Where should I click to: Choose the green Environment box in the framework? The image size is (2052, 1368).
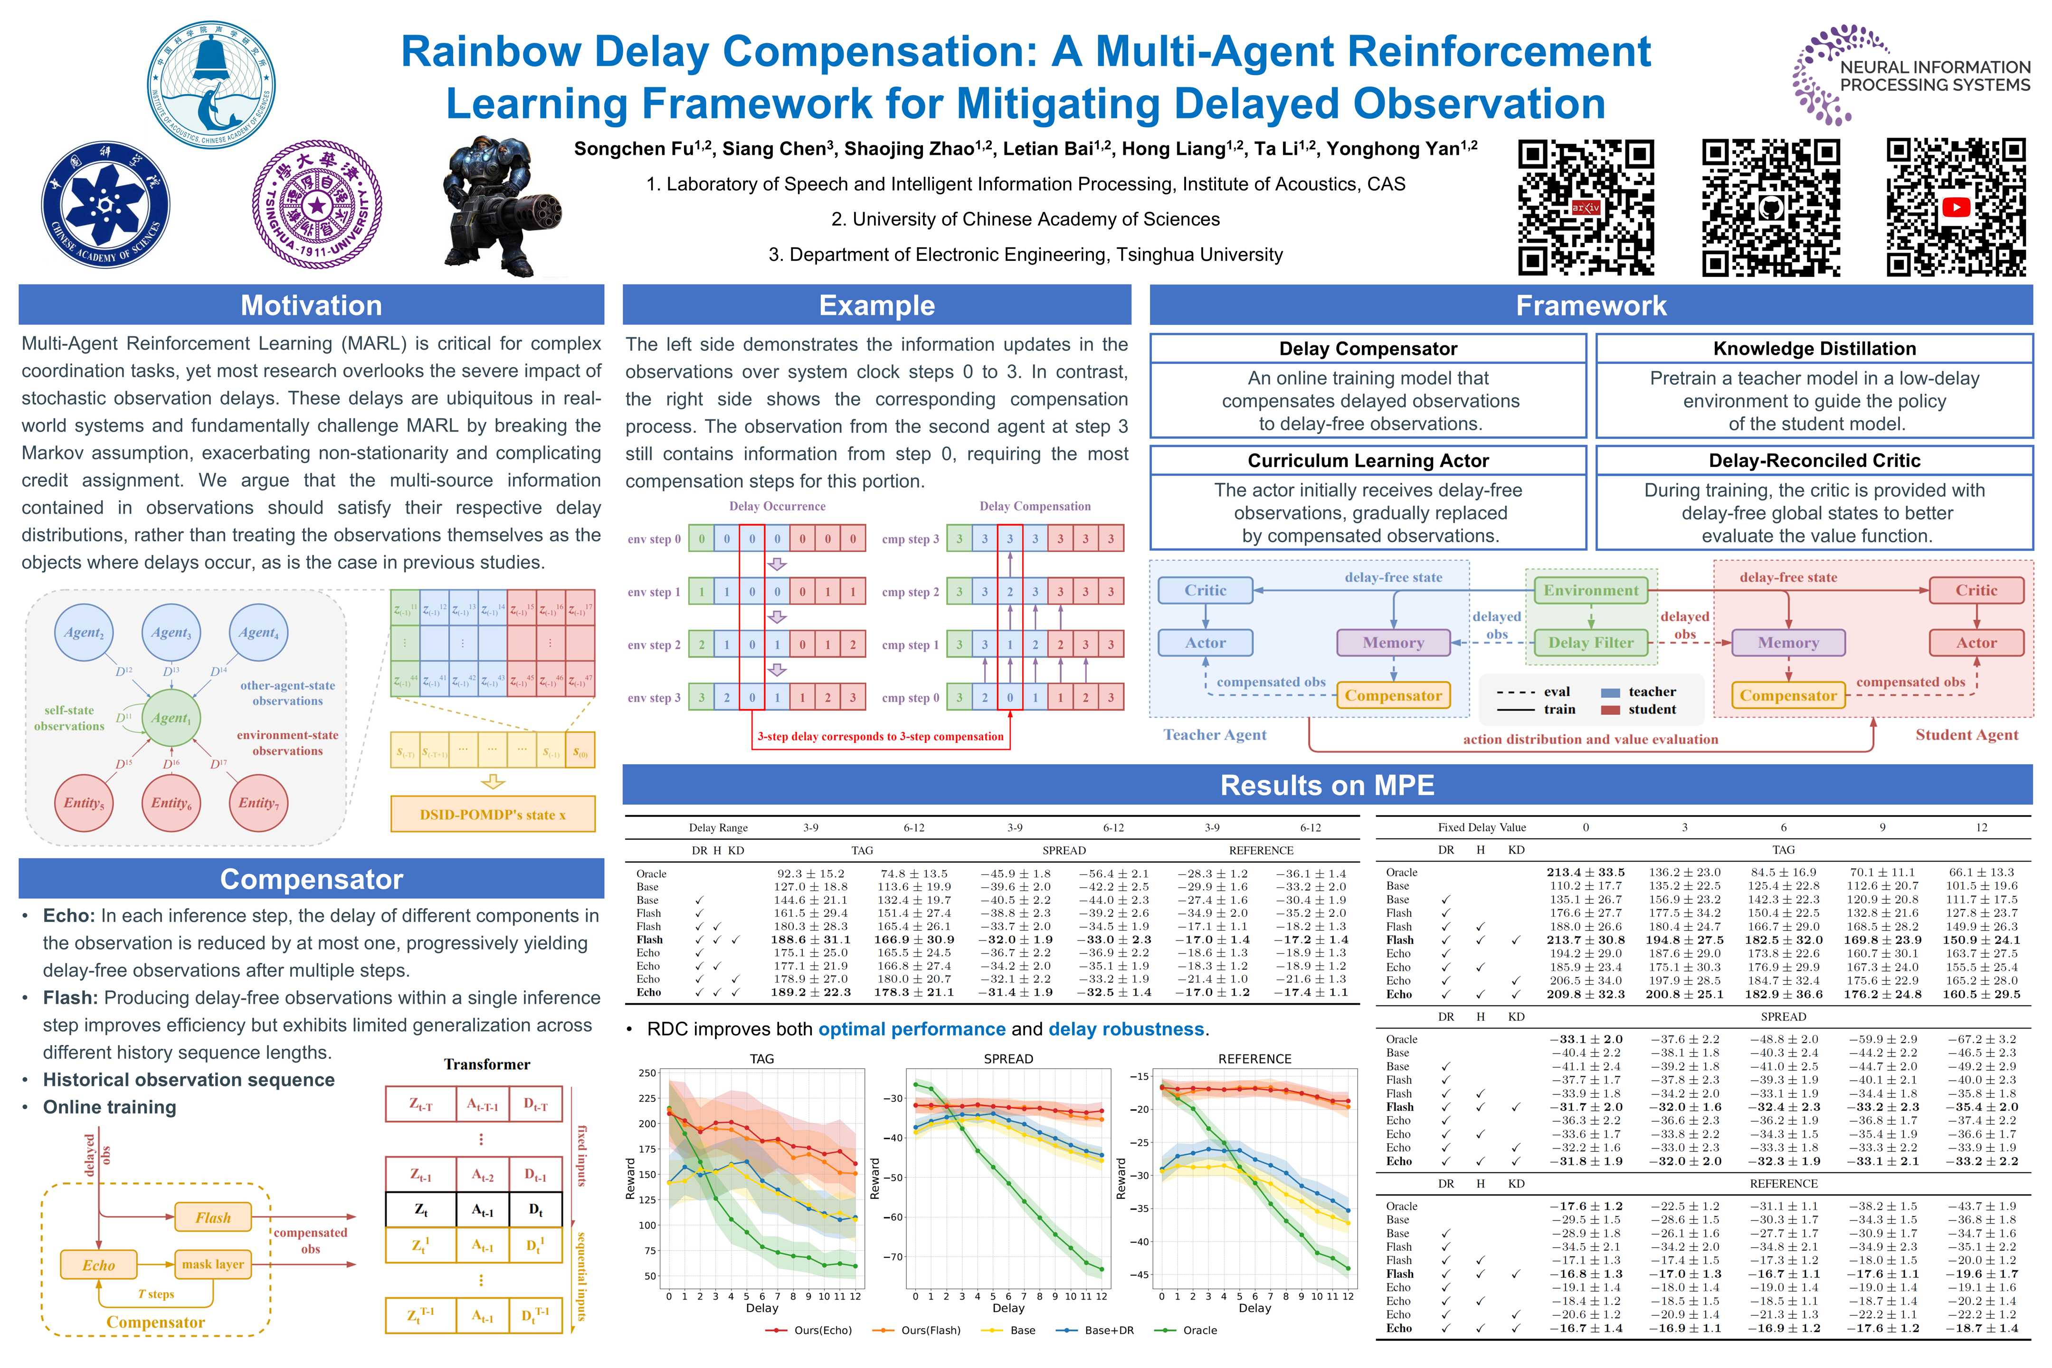1590,590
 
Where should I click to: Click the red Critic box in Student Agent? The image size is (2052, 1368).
1976,590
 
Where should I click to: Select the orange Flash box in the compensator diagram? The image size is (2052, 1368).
213,1217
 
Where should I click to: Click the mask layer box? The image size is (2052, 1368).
213,1264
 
